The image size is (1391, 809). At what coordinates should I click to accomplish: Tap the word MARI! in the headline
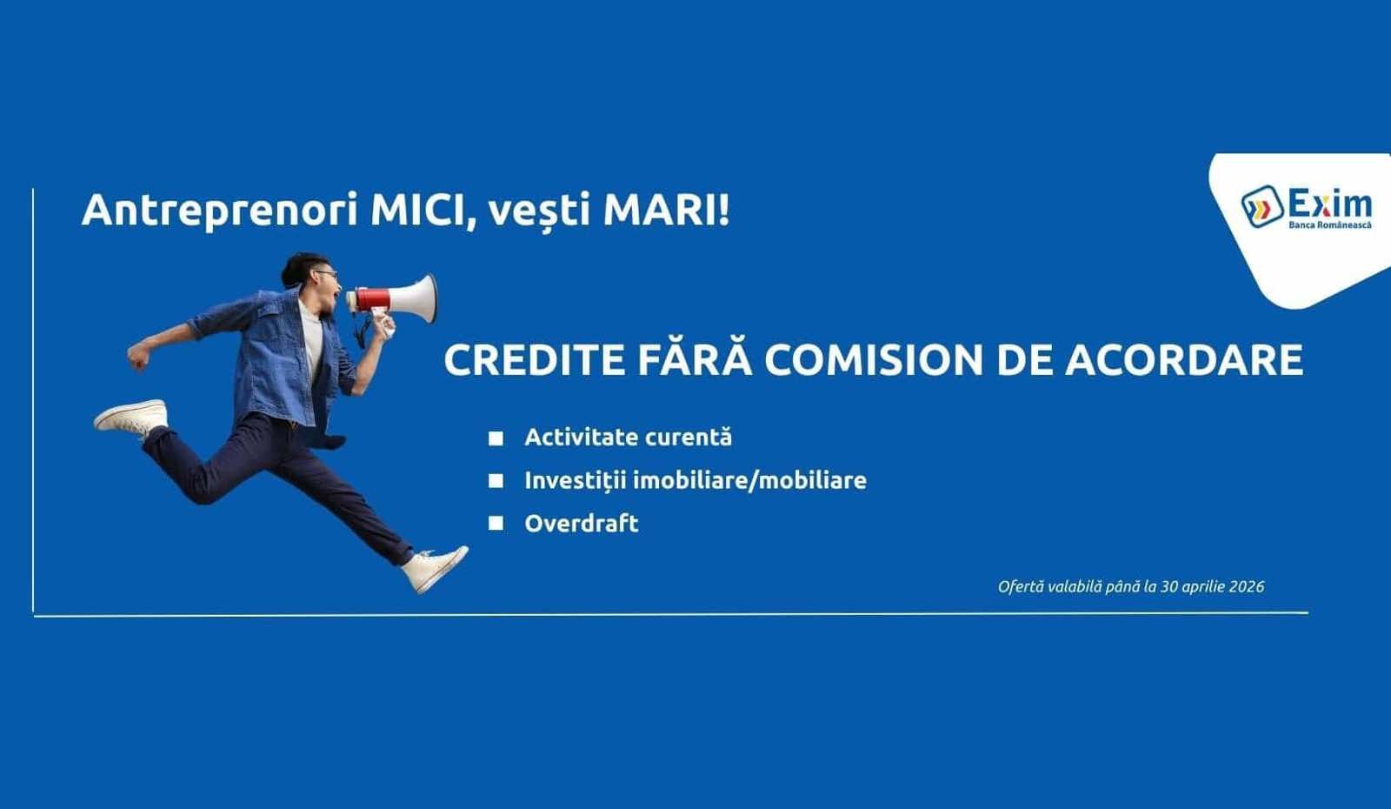click(666, 210)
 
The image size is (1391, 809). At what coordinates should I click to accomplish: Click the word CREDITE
click(535, 360)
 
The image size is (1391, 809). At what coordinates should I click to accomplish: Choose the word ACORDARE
click(1184, 360)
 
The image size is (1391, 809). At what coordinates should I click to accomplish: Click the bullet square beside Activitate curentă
click(496, 438)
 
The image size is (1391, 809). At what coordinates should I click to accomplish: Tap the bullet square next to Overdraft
click(496, 523)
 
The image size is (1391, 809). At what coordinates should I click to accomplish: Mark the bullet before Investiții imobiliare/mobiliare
click(496, 480)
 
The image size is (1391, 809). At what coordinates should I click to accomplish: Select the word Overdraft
click(582, 523)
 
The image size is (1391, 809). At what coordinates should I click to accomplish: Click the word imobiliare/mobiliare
click(749, 480)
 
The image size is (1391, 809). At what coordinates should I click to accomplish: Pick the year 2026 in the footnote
click(1247, 586)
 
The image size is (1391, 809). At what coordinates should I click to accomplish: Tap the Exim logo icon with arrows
click(1262, 207)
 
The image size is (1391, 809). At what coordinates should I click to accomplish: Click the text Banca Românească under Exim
click(1330, 225)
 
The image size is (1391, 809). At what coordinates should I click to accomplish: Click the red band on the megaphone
click(373, 299)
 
